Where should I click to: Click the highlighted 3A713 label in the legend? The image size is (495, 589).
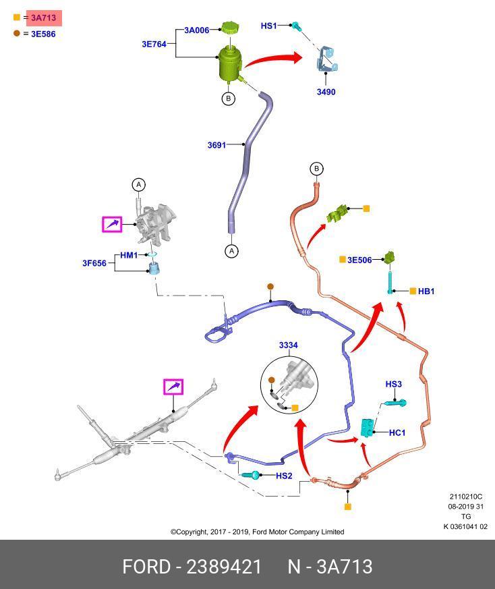(x=43, y=18)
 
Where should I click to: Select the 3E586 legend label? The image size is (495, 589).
(x=43, y=34)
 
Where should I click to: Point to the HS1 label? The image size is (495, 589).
(x=268, y=26)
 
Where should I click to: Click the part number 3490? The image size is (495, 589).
(x=326, y=92)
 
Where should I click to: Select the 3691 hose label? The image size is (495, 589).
(x=216, y=144)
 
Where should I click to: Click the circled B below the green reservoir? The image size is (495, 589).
(x=228, y=99)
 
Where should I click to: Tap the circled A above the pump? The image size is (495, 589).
(x=138, y=184)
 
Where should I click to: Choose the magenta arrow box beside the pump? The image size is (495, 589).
(x=112, y=223)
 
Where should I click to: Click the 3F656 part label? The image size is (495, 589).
(x=94, y=263)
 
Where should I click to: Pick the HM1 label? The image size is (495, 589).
(x=129, y=255)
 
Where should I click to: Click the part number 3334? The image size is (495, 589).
(x=288, y=345)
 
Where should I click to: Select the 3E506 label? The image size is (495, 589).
(x=359, y=260)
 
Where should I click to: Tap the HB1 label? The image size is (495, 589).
(x=426, y=291)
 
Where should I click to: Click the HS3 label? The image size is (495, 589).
(x=393, y=385)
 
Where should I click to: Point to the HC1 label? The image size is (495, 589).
(x=397, y=432)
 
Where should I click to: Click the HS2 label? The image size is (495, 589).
(x=284, y=476)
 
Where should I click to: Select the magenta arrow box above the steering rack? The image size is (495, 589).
(x=173, y=387)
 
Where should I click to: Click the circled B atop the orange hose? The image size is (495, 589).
(x=316, y=169)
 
